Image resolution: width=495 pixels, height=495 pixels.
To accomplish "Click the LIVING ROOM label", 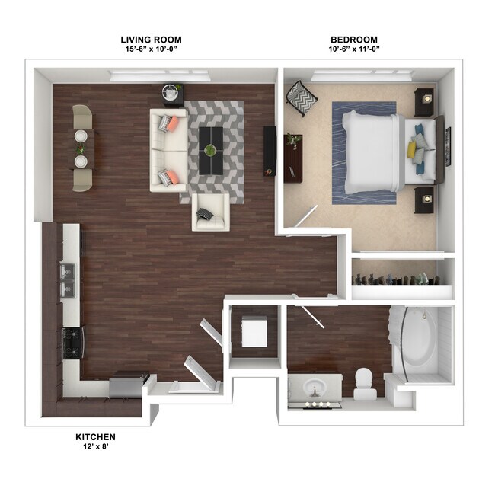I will pyautogui.click(x=151, y=40).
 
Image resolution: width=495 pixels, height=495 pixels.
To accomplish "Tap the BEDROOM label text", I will pyautogui.click(x=353, y=40).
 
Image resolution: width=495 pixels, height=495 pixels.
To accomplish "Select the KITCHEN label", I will pyautogui.click(x=95, y=436).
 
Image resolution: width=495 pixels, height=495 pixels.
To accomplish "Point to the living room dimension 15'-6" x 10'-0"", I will pyautogui.click(x=151, y=49).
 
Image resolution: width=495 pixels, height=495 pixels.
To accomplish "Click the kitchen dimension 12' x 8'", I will pyautogui.click(x=95, y=447).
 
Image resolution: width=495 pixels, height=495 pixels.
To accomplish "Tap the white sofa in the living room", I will pyautogui.click(x=168, y=150).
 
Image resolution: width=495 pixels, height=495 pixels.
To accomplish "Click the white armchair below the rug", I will pyautogui.click(x=209, y=212).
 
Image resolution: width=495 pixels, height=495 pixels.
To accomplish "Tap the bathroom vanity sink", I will pyautogui.click(x=315, y=389).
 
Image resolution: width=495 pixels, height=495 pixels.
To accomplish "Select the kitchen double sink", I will pyautogui.click(x=67, y=279).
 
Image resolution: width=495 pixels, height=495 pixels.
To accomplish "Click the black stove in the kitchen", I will pyautogui.click(x=71, y=342).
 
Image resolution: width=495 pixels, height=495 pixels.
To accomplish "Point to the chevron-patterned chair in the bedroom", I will pyautogui.click(x=296, y=99).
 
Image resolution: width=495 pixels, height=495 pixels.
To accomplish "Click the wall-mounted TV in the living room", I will pyautogui.click(x=269, y=150).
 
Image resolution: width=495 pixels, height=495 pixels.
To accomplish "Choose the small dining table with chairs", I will pyautogui.click(x=80, y=148).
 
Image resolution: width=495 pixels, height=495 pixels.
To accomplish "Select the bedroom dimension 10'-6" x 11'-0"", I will pyautogui.click(x=353, y=49).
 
